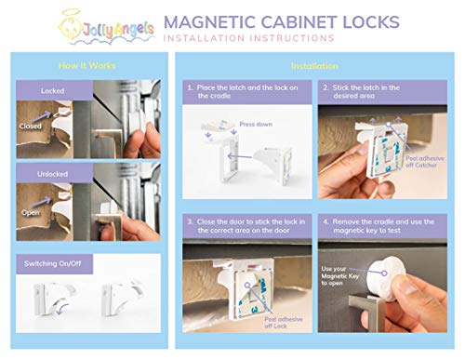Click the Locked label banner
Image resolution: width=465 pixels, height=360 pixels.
[53, 90]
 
